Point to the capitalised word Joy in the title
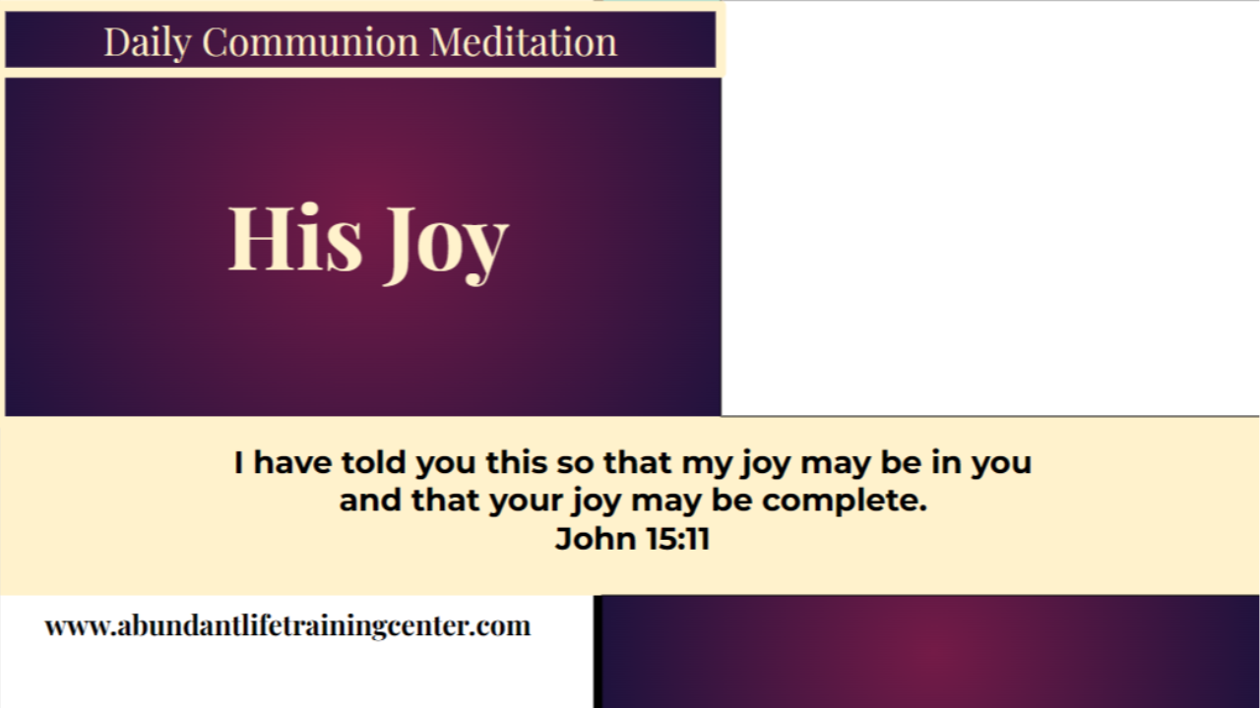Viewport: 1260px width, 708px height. pyautogui.click(x=445, y=241)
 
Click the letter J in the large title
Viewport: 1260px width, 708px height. pyautogui.click(x=400, y=241)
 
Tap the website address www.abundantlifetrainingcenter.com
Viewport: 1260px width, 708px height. pyautogui.click(x=287, y=625)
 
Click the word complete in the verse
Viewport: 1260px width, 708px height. pyautogui.click(x=844, y=501)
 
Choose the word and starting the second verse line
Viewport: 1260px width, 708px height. pyautogui.click(x=371, y=501)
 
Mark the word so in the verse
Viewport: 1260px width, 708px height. pyautogui.click(x=573, y=463)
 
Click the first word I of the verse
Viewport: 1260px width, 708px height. pyautogui.click(x=239, y=462)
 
